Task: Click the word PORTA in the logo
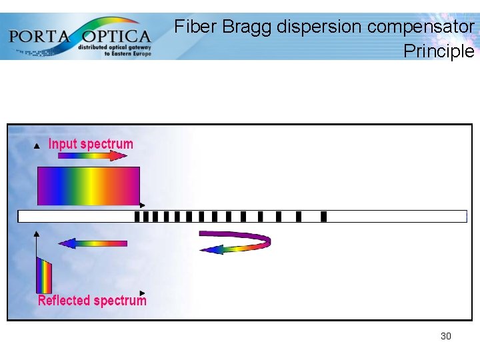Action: (x=40, y=35)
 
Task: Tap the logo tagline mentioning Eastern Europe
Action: (x=115, y=51)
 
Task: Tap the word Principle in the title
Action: (x=439, y=51)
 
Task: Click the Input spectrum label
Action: (x=91, y=144)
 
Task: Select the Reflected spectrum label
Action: (x=92, y=301)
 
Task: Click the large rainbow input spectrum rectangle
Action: (x=88, y=186)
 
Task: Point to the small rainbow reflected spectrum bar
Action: (x=44, y=275)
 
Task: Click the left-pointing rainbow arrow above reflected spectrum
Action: (x=92, y=243)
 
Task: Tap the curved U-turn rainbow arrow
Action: (x=237, y=241)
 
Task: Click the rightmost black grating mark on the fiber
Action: (x=323, y=216)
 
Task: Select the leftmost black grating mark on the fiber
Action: (x=137, y=216)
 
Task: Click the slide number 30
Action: (x=445, y=336)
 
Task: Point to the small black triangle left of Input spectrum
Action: (x=37, y=145)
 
